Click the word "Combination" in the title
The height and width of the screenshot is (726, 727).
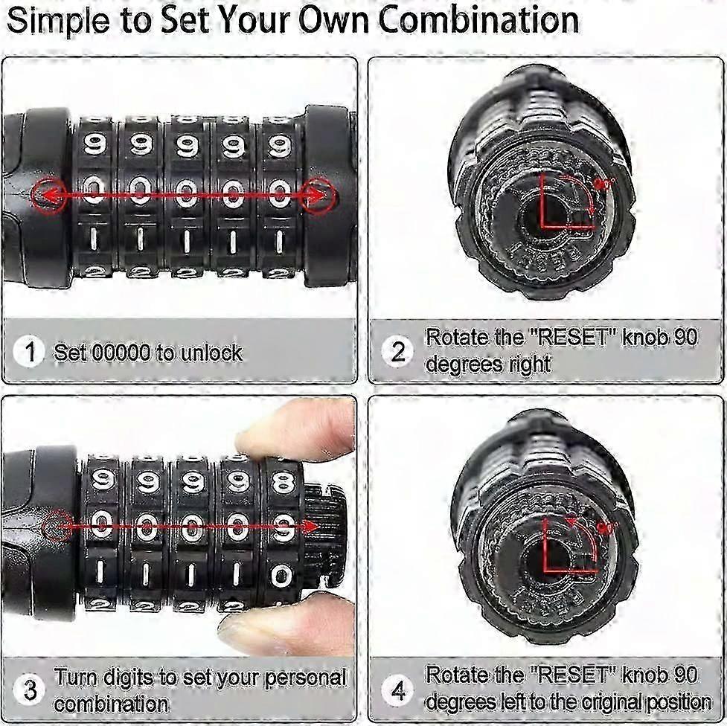(x=478, y=19)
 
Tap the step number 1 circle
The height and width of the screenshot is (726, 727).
(x=29, y=352)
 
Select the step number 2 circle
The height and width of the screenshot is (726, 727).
(x=398, y=353)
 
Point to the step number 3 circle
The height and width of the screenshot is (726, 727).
(x=30, y=690)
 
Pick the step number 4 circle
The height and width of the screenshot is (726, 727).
(x=398, y=690)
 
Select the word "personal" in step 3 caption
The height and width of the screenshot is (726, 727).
(x=306, y=678)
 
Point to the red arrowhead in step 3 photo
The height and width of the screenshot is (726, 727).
(x=310, y=526)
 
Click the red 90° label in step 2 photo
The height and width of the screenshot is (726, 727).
(x=604, y=183)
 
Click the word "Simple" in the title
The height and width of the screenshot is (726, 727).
(x=59, y=22)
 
